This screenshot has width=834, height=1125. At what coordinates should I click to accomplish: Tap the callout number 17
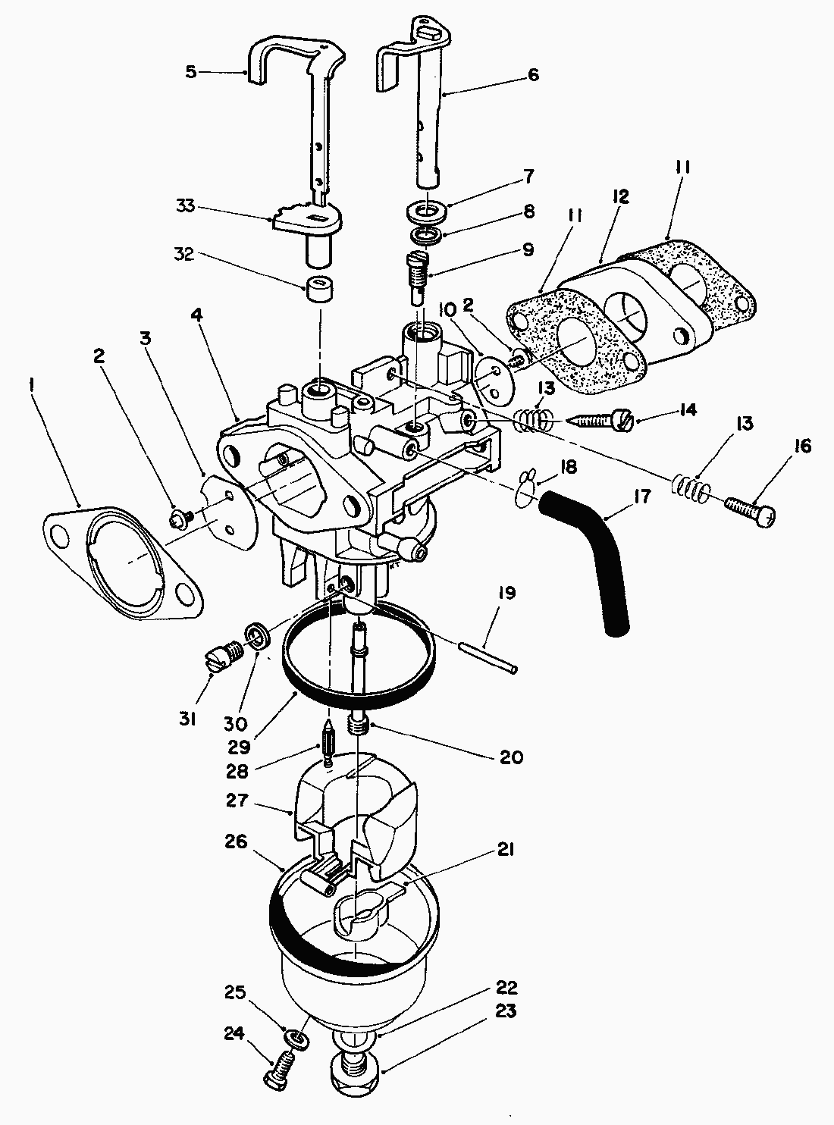click(x=642, y=497)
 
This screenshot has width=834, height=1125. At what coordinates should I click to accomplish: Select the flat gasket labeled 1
click(x=125, y=562)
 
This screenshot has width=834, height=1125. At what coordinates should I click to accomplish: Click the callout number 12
click(x=620, y=197)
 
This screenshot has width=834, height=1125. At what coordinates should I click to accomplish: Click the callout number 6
click(x=532, y=75)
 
